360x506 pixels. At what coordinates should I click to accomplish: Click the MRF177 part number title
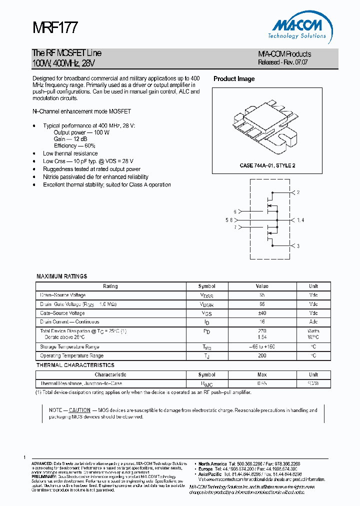click(x=54, y=27)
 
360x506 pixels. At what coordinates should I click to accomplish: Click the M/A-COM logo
click(x=298, y=27)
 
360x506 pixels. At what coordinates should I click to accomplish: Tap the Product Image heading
click(x=234, y=79)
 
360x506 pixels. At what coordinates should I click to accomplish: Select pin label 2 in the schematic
click(x=298, y=192)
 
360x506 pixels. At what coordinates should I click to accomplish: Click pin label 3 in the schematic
click(x=298, y=246)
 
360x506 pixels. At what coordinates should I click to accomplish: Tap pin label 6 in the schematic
click(x=234, y=211)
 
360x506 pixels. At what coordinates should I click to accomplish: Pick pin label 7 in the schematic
click(x=234, y=227)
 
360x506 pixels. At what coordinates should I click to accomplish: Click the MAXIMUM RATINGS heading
click(x=61, y=276)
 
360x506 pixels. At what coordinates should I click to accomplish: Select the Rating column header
click(x=110, y=286)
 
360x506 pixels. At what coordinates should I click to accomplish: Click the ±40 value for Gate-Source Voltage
click(x=262, y=313)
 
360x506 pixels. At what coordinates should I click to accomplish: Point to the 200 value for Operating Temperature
click(x=262, y=355)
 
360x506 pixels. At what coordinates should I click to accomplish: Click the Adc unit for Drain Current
click(x=313, y=322)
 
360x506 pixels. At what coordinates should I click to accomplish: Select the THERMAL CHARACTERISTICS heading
click(x=75, y=365)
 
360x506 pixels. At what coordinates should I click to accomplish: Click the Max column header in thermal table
click(x=262, y=374)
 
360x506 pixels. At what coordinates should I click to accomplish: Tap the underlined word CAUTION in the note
click(x=79, y=410)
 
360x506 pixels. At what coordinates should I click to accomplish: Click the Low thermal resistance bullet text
click(x=70, y=153)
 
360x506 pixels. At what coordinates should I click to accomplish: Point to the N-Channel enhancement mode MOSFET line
click(x=81, y=111)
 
